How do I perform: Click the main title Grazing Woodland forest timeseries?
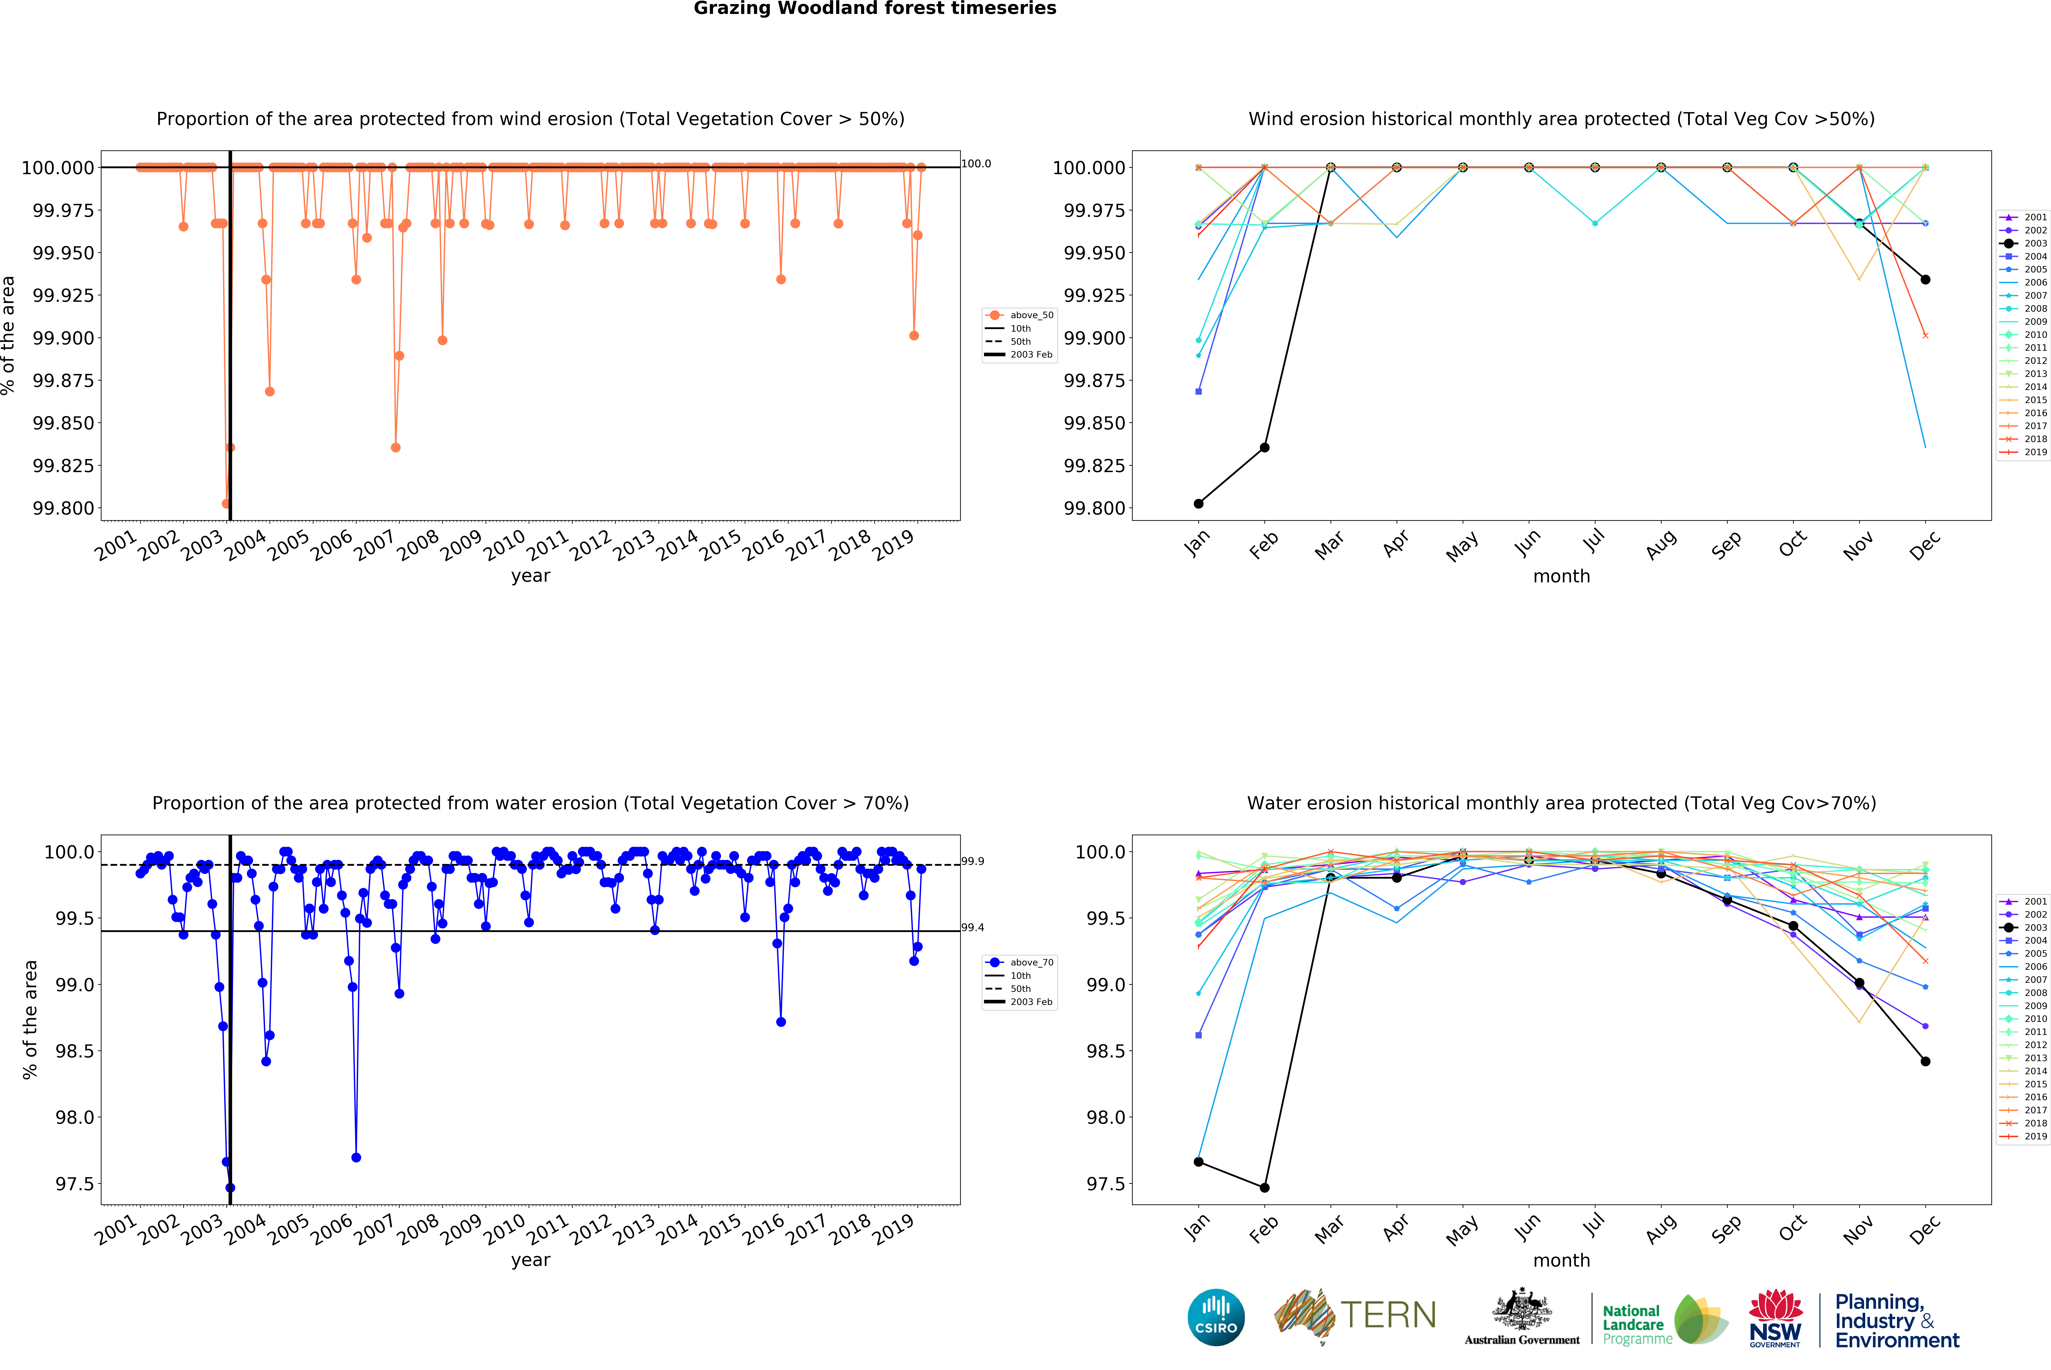pyautogui.click(x=875, y=9)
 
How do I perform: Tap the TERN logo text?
pyautogui.click(x=1388, y=1315)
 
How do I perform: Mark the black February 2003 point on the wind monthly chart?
pyautogui.click(x=1264, y=447)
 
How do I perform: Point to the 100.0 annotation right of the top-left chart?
pyautogui.click(x=976, y=163)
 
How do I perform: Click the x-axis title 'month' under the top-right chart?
pyautogui.click(x=1562, y=577)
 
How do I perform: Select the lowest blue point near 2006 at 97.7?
pyautogui.click(x=356, y=1158)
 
